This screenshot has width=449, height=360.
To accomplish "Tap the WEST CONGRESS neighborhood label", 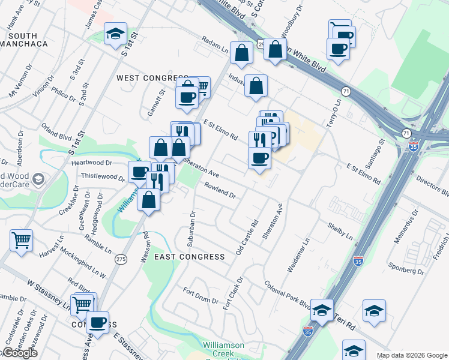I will coord(152,78).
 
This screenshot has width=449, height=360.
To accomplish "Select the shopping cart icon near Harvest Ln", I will coord(21,240).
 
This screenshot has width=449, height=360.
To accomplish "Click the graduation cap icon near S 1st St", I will coord(115,34).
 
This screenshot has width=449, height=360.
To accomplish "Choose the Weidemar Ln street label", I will coord(298,256).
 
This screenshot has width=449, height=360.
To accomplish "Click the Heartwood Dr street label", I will coord(92,163).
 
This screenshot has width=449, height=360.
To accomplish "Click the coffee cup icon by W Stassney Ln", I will coord(97,323).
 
